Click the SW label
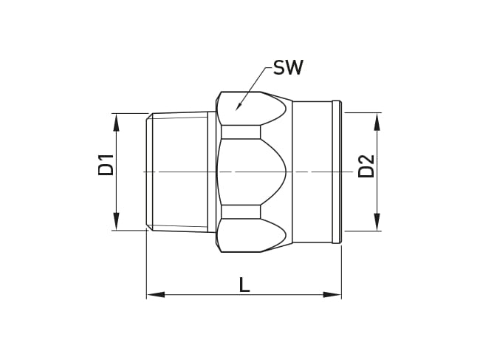288,68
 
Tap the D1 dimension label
106,164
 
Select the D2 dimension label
366,166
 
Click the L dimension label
244,285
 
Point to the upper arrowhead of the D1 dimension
116,122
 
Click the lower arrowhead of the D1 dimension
116,221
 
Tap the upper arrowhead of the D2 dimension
377,122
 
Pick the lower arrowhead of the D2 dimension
377,222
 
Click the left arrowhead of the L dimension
155,294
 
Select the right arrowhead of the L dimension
332,294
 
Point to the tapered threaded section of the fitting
179,171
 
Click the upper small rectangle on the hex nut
241,132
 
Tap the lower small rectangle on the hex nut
241,212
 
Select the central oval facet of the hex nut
251,171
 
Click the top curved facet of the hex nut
255,109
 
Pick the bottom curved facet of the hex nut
255,235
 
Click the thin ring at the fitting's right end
337,171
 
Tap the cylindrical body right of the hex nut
312,171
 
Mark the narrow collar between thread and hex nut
212,171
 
